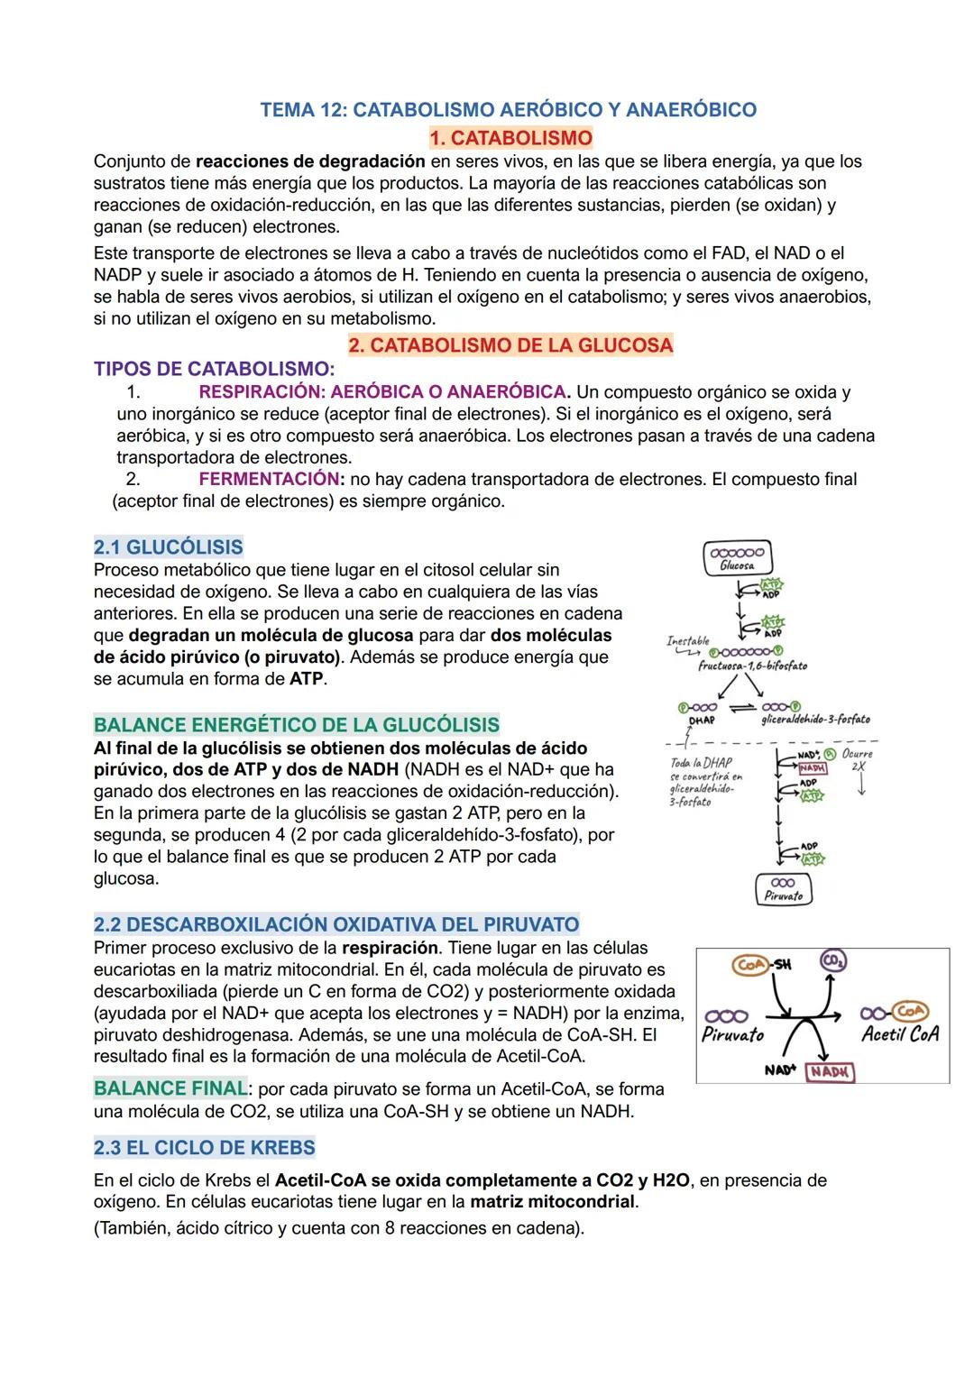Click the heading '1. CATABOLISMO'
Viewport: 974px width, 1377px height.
coord(510,138)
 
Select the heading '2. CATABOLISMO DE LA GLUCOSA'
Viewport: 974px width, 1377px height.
coord(510,345)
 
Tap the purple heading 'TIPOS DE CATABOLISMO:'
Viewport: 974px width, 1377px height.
coord(214,369)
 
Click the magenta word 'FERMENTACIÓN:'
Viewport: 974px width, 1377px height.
coord(271,479)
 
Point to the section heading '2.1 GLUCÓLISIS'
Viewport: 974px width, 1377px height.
coord(168,547)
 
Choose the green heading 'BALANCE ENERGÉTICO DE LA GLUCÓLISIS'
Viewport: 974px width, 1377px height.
coord(296,725)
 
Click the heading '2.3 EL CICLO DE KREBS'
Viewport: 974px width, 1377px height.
coord(204,1148)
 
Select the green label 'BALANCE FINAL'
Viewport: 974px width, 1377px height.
coord(170,1088)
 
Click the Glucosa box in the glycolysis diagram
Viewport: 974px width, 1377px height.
coord(737,559)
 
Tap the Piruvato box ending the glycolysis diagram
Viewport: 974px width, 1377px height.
coord(783,889)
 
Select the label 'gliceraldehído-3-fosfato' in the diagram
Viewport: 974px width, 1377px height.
coord(815,720)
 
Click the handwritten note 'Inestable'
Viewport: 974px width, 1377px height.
coord(688,640)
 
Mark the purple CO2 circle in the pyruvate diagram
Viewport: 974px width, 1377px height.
coord(832,962)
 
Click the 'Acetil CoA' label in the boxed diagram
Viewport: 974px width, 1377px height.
coord(899,1034)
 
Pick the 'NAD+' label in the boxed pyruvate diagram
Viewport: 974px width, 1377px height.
coord(780,1069)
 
